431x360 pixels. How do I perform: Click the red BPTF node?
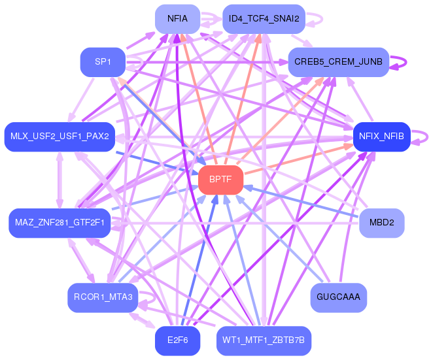(220, 180)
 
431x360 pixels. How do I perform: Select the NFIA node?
(177, 19)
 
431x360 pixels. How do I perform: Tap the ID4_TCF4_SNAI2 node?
(264, 19)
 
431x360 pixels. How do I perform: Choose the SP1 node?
(102, 62)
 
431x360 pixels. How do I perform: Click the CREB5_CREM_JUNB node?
(338, 62)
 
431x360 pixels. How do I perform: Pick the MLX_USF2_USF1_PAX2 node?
(60, 137)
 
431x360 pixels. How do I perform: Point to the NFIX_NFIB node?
(381, 137)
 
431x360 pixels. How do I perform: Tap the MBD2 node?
(381, 223)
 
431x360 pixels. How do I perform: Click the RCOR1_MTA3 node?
(103, 298)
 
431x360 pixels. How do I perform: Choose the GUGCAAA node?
(338, 298)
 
